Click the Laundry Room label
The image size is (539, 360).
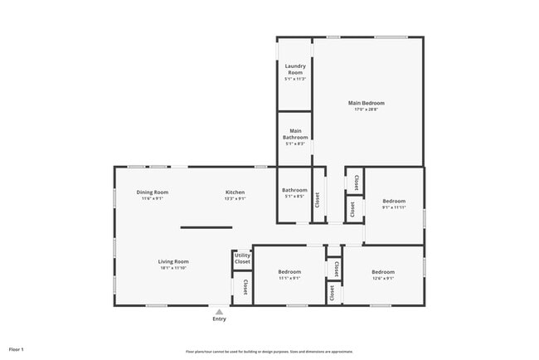[x=295, y=69]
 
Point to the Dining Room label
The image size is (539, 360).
[x=153, y=192]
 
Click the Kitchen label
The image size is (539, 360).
[x=236, y=192]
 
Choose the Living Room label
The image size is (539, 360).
[x=174, y=262]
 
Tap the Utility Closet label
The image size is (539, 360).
[x=242, y=259]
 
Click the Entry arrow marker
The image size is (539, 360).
[x=219, y=312]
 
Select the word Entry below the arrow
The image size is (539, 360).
[x=219, y=319]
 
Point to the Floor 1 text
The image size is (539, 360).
[x=17, y=349]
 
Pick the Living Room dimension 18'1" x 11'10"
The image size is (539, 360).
[x=174, y=268]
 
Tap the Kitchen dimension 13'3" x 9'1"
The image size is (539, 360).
[x=236, y=199]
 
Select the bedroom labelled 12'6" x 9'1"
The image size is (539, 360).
[x=383, y=275]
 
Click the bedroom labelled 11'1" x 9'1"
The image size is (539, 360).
[x=289, y=275]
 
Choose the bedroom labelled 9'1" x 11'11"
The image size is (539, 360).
[x=394, y=204]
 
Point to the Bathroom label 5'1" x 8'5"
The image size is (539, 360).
[x=294, y=193]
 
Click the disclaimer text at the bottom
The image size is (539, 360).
[x=269, y=352]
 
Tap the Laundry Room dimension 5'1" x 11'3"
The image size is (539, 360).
[x=295, y=79]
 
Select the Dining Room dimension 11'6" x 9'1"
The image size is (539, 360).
[x=153, y=199]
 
